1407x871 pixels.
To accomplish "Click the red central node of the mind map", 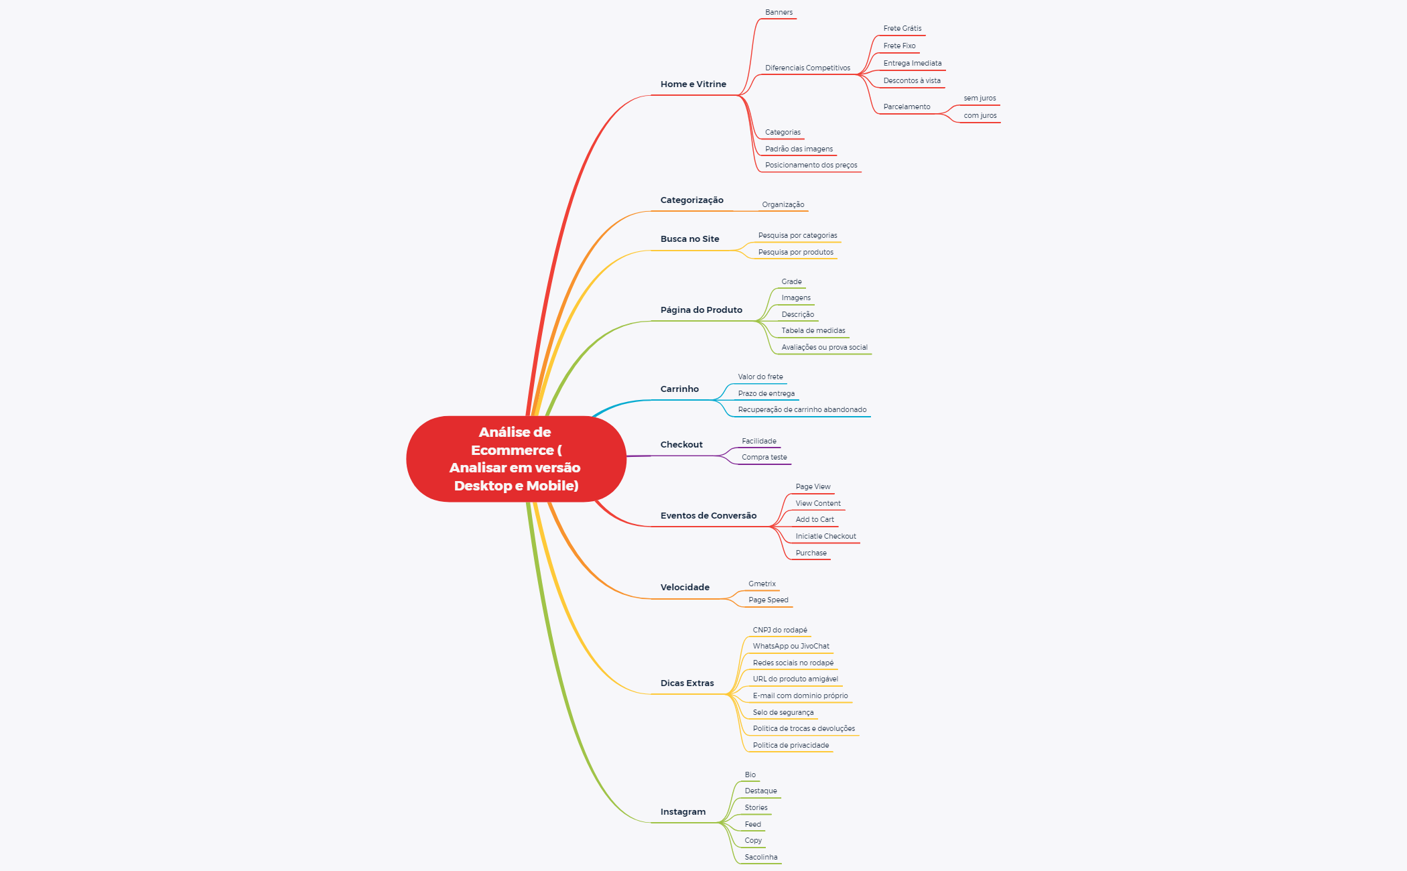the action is (516, 459).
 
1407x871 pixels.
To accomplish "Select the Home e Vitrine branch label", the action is (693, 84).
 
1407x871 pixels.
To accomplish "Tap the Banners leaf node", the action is (779, 12).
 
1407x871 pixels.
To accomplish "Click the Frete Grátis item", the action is (902, 28).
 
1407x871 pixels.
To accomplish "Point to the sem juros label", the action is (980, 98).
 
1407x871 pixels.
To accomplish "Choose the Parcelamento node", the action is (907, 107).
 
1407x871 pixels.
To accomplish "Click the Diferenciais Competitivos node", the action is (807, 68).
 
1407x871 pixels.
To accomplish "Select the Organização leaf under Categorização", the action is (783, 204).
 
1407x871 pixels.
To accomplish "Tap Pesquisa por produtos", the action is (796, 252).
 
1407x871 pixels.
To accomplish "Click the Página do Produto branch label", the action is (701, 310).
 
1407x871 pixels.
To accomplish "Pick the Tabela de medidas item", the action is (813, 330).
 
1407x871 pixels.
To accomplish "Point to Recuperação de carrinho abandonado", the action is (802, 409).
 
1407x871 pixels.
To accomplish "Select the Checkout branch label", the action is (681, 445).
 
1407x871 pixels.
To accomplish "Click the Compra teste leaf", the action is (764, 457).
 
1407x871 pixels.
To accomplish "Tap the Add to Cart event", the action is (815, 519).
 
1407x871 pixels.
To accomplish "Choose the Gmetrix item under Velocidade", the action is (762, 584).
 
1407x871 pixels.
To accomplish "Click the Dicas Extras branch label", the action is (687, 683).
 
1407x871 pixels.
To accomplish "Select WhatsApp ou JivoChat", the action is (791, 646).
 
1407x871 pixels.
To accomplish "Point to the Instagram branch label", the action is (683, 812).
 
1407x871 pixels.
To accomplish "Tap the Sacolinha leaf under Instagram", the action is (761, 857).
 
